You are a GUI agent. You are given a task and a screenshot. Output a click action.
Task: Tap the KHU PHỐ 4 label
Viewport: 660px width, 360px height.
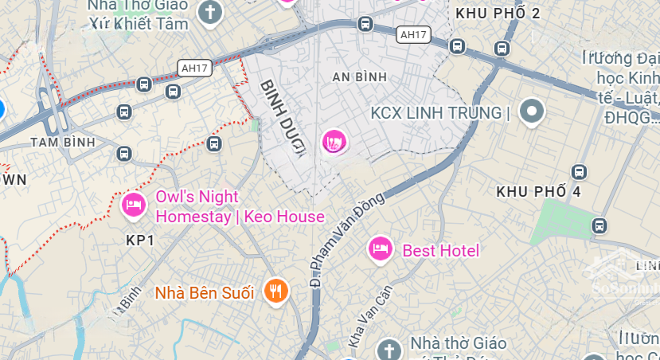pyautogui.click(x=538, y=192)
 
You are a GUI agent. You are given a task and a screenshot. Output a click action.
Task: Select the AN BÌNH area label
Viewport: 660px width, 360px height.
pyautogui.click(x=359, y=76)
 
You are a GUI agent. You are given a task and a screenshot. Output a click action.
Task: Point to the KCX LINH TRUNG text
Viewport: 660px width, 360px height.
pyautogui.click(x=439, y=113)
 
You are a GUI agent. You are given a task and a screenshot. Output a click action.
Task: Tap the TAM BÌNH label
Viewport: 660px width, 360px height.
pyautogui.click(x=62, y=142)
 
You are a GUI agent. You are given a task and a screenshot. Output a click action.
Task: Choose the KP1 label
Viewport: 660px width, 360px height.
pyautogui.click(x=140, y=240)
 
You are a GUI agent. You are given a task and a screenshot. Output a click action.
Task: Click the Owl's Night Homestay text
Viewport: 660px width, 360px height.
pyautogui.click(x=239, y=206)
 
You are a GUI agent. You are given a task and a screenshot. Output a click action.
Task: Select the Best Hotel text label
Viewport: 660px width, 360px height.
pyautogui.click(x=441, y=251)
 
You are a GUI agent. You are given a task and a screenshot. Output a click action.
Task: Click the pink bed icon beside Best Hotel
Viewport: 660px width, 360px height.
pyautogui.click(x=381, y=249)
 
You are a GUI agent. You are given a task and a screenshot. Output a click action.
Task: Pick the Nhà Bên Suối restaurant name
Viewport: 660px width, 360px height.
pyautogui.click(x=205, y=292)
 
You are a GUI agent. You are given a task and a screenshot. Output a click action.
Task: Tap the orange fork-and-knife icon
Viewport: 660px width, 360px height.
pyautogui.click(x=275, y=291)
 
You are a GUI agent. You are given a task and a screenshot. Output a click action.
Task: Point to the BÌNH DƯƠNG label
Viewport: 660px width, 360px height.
pyautogui.click(x=283, y=119)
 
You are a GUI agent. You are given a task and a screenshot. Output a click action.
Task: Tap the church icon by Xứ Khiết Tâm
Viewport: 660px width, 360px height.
pyautogui.click(x=210, y=13)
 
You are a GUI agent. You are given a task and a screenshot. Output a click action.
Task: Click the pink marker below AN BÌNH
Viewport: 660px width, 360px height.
pyautogui.click(x=334, y=143)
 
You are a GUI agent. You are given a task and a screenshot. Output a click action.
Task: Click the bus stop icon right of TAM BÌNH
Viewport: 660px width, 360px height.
pyautogui.click(x=123, y=153)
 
